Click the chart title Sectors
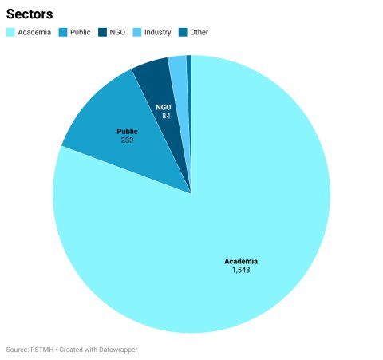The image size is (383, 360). click(x=30, y=14)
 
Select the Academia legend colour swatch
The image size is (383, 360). click(x=10, y=32)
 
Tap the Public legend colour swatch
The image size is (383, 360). click(x=63, y=32)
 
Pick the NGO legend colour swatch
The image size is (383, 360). click(x=102, y=32)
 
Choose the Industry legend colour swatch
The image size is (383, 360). click(x=137, y=32)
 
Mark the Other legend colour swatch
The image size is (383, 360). click(x=183, y=32)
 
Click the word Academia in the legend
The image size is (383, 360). click(x=34, y=32)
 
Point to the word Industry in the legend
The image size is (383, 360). click(x=158, y=32)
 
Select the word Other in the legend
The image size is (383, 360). click(x=199, y=32)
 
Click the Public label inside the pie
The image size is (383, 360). click(x=128, y=132)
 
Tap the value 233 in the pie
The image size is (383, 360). click(x=128, y=140)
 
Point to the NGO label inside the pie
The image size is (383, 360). click(x=164, y=107)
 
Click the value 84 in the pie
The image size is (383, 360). click(x=166, y=116)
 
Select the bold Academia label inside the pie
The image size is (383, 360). click(x=241, y=261)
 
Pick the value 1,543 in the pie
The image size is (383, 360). click(x=241, y=270)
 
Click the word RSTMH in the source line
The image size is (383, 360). click(x=42, y=350)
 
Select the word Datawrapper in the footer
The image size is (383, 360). click(x=118, y=350)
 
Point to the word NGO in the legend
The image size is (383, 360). click(x=117, y=32)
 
